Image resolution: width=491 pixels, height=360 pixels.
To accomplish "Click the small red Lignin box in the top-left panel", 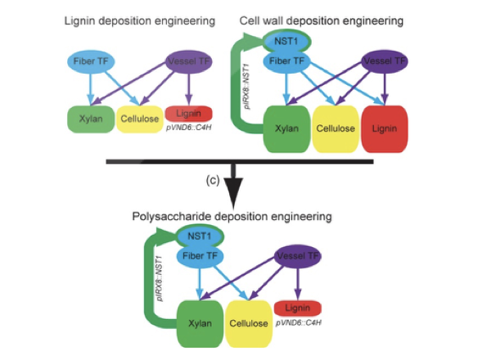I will pos(189,112).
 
